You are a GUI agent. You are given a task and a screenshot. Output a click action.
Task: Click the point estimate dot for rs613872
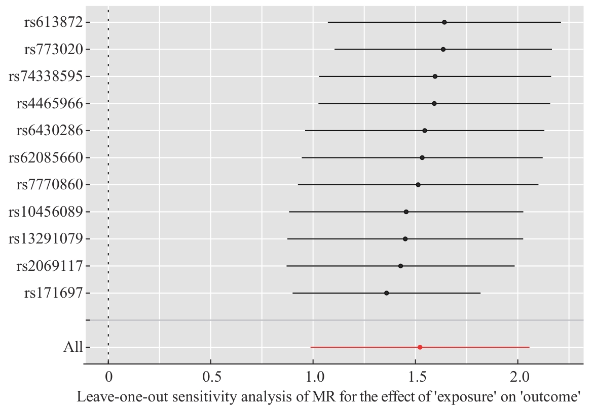pos(444,22)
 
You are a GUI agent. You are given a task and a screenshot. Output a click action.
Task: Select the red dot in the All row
pos(420,347)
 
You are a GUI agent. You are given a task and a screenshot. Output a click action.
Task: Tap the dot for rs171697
pos(387,293)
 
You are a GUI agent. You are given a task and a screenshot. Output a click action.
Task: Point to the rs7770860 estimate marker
pos(418,185)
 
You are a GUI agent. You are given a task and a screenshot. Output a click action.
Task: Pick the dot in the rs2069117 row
pos(400,266)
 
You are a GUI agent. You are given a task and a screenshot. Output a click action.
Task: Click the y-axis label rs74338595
pos(46,76)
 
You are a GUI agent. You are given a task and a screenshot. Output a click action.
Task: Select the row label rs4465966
pos(49,103)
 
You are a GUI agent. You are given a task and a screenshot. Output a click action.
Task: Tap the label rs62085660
pos(46,157)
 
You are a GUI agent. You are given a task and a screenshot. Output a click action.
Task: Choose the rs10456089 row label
pos(46,212)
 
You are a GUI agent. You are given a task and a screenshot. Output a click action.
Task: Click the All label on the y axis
pos(73,347)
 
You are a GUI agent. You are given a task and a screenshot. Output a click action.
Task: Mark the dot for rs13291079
pos(405,239)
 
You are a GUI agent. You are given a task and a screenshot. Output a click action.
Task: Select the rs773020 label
pos(53,50)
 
